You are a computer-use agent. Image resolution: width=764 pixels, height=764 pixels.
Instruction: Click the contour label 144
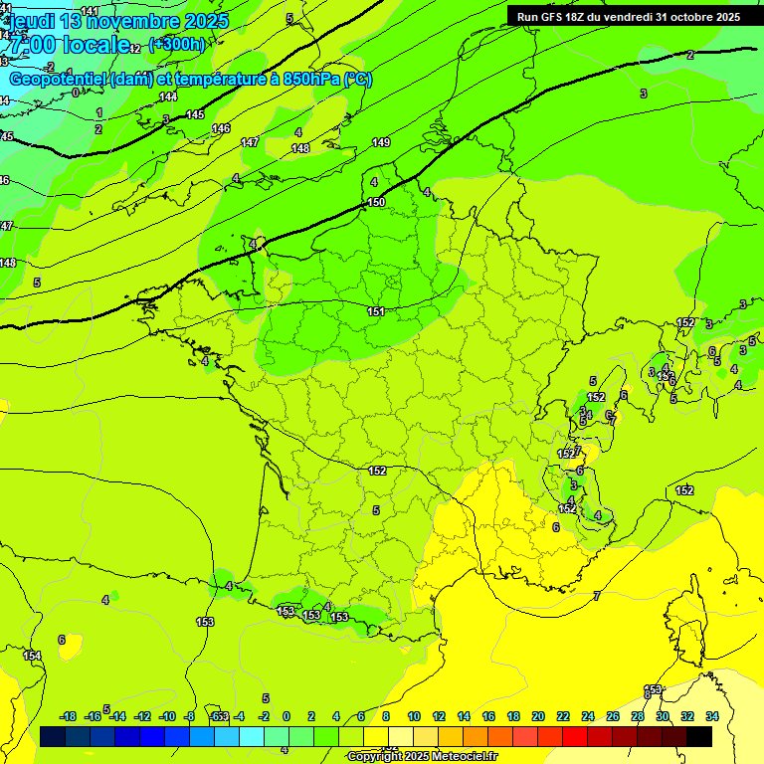pyautogui.click(x=168, y=96)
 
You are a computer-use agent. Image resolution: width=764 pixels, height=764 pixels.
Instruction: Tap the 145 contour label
pyautogui.click(x=195, y=114)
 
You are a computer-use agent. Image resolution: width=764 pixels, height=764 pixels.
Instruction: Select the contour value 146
pyautogui.click(x=221, y=128)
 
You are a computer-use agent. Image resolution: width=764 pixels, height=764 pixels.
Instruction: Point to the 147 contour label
pyautogui.click(x=250, y=142)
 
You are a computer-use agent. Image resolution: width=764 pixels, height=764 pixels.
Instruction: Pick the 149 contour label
pyautogui.click(x=381, y=142)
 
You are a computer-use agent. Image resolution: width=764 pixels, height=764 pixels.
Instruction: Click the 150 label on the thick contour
pyautogui.click(x=376, y=202)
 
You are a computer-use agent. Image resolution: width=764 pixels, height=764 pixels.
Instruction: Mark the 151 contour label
pyautogui.click(x=376, y=311)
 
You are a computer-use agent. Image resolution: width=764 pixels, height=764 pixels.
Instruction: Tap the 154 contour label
pyautogui.click(x=33, y=656)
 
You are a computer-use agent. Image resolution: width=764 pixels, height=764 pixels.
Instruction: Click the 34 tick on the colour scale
pyautogui.click(x=712, y=716)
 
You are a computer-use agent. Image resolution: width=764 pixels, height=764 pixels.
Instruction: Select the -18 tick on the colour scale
pyautogui.click(x=69, y=716)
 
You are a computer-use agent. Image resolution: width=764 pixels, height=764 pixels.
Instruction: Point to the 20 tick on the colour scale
pyautogui.click(x=538, y=716)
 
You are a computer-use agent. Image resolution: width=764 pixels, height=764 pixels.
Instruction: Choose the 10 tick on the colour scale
pyautogui.click(x=413, y=716)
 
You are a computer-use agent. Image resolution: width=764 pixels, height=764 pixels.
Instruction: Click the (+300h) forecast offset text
pyautogui.click(x=177, y=44)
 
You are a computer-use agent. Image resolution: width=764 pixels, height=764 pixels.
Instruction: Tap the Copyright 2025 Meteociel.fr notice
pyautogui.click(x=422, y=756)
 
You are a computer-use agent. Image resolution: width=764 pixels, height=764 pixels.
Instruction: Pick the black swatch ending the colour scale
pyautogui.click(x=699, y=736)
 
